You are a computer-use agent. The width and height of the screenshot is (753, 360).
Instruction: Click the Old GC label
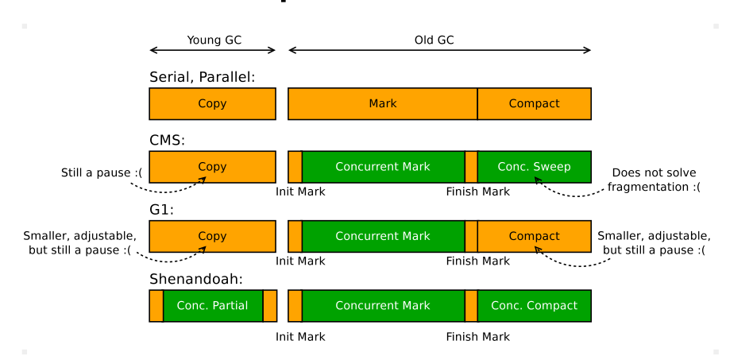pos(434,40)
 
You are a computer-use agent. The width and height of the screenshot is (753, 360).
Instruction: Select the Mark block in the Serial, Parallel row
pos(382,103)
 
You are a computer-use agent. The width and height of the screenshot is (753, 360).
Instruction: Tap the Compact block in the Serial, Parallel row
pos(534,103)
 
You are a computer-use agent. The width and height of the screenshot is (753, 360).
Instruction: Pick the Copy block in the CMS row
pos(212,167)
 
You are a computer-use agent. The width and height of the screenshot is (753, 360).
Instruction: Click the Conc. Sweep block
pos(534,167)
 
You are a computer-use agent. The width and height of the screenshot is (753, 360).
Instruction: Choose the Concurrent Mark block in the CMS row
pos(382,167)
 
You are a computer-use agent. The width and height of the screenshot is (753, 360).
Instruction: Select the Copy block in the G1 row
pos(212,236)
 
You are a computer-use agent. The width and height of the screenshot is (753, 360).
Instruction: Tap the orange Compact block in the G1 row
pos(534,236)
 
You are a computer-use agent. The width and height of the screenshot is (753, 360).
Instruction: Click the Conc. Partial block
pos(212,306)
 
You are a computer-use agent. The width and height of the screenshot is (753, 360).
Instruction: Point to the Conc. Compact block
pos(534,306)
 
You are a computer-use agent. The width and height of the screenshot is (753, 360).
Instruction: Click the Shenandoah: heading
pos(195,280)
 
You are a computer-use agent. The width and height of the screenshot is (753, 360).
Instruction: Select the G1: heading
pos(161,211)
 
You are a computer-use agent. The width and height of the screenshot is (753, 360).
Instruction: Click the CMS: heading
pos(167,141)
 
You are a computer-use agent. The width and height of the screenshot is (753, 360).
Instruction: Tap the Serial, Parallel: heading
pos(202,77)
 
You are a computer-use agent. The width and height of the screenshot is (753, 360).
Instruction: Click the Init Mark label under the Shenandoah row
pos(300,337)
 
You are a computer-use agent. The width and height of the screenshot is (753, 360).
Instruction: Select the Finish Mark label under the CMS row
pos(477,192)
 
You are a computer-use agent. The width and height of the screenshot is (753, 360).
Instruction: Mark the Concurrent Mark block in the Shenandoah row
pos(382,306)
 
